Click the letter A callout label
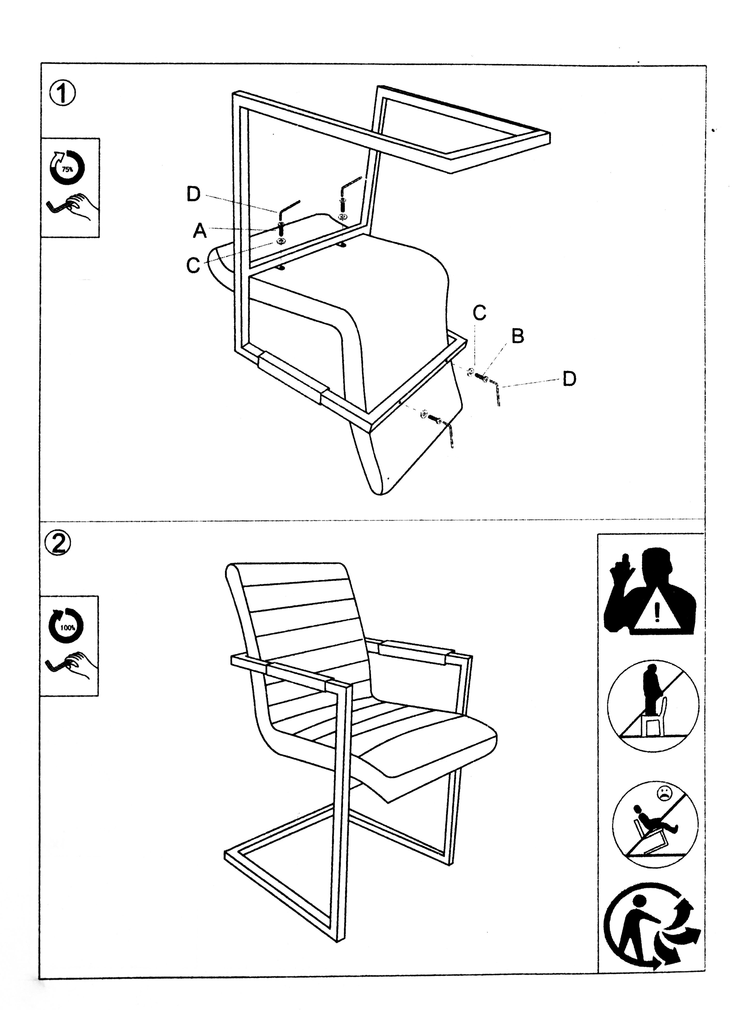click(x=200, y=231)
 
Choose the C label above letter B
click(x=479, y=313)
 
